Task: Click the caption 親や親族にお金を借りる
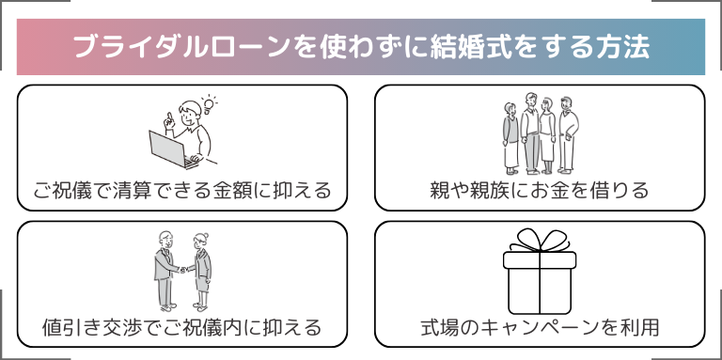pyautogui.click(x=540, y=191)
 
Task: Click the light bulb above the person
pyautogui.click(x=210, y=99)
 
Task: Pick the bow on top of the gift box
pyautogui.click(x=539, y=241)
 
